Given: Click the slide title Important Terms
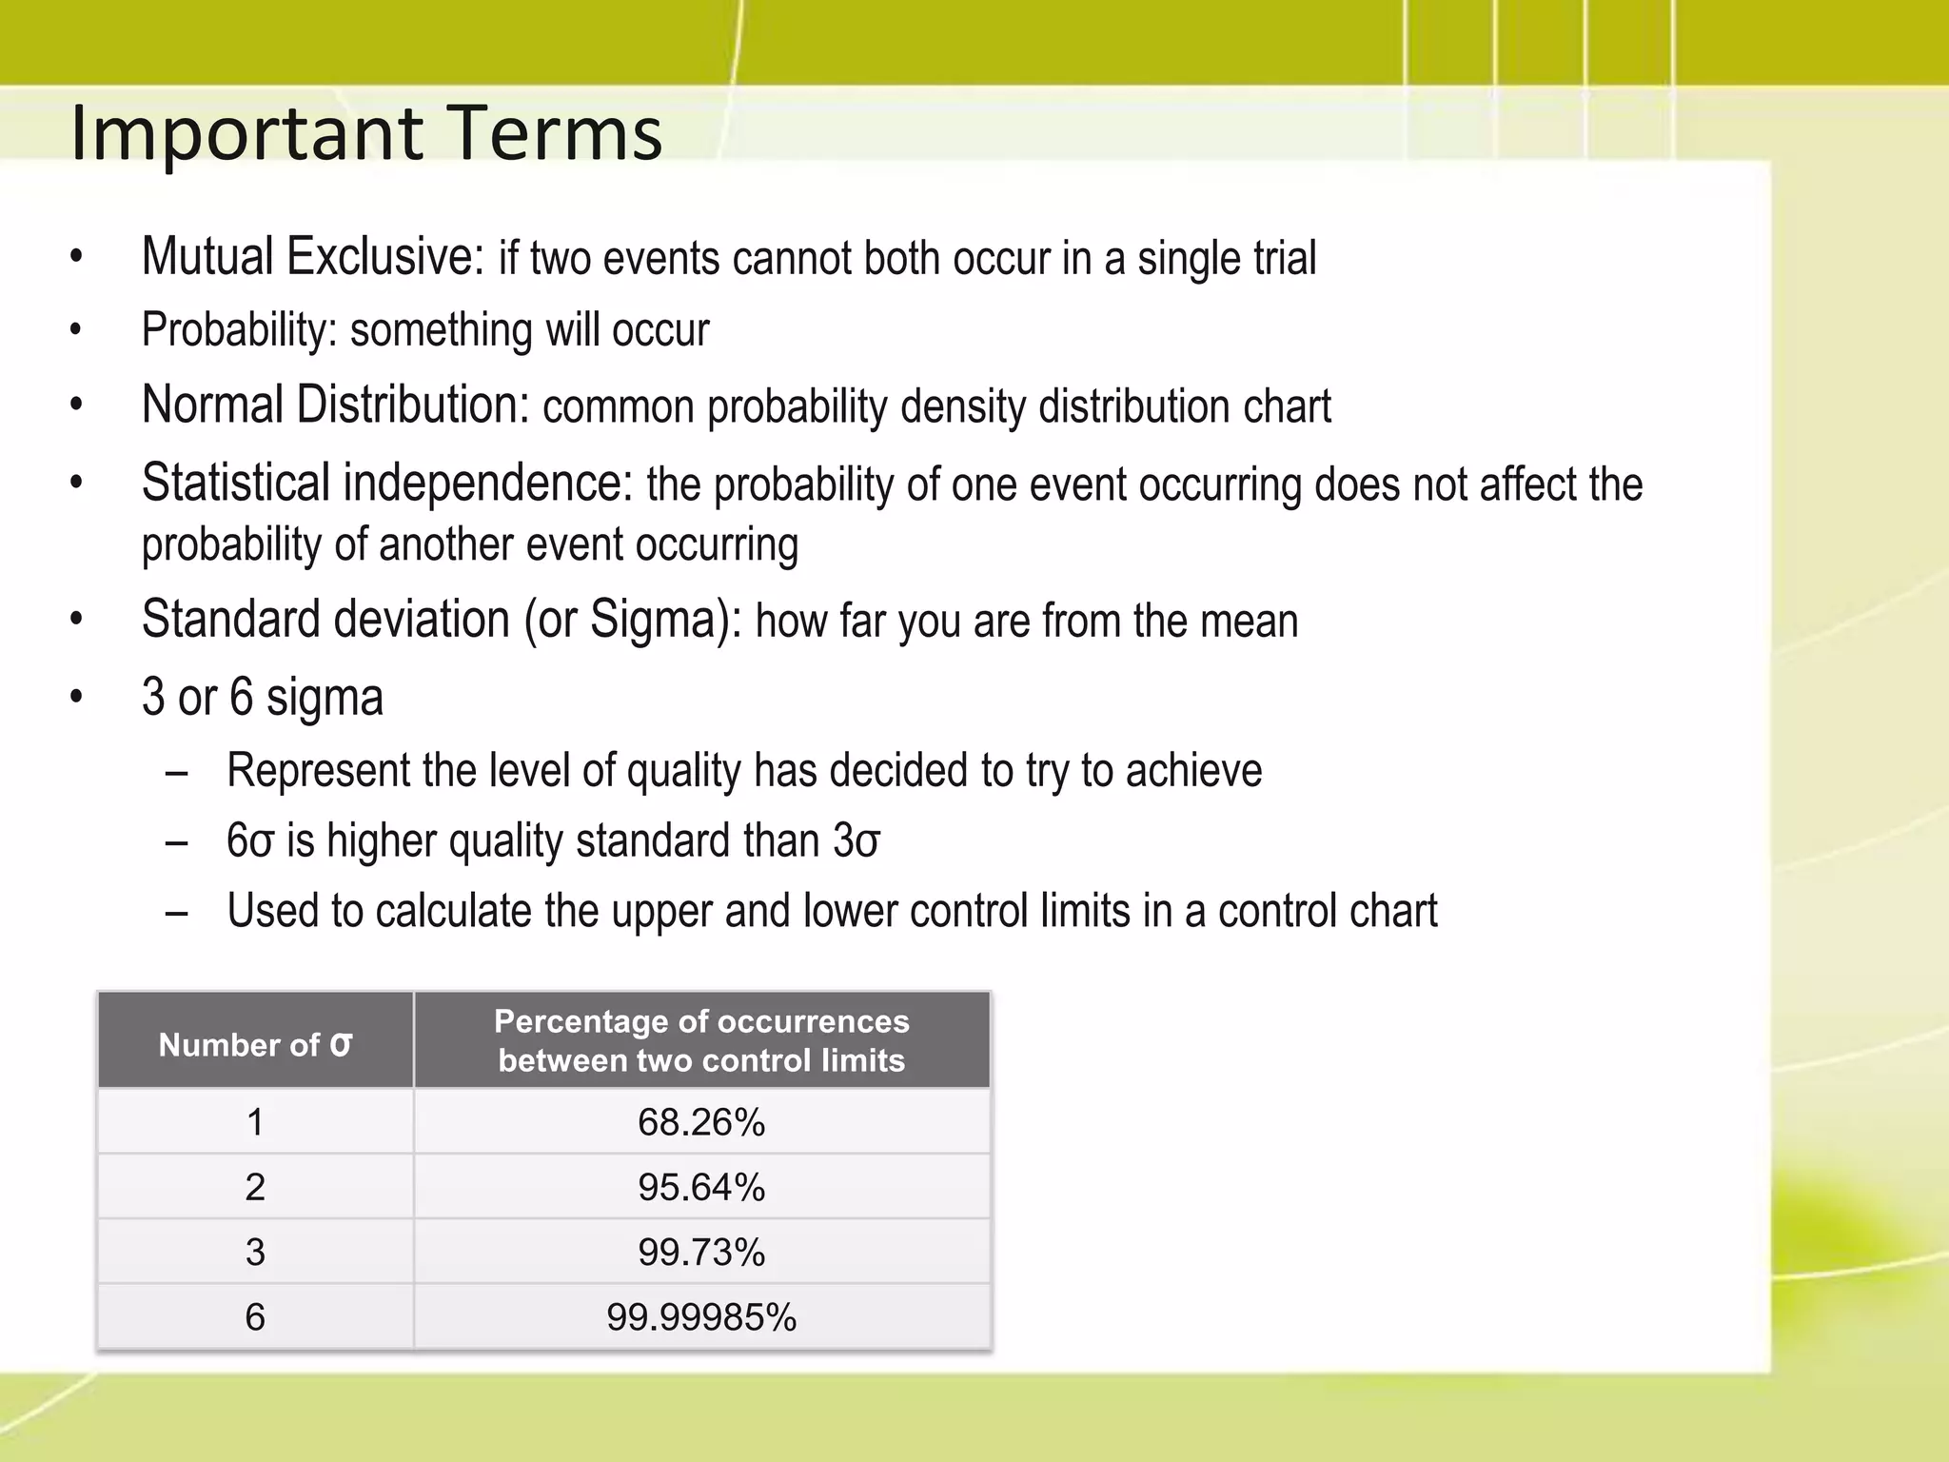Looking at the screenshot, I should point(366,133).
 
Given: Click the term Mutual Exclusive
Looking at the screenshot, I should point(312,257).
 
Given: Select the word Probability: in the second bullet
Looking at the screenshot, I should point(239,330).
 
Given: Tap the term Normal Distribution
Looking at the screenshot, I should point(334,405).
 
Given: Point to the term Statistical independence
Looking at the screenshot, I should point(386,483).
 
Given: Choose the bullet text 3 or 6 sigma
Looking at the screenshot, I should point(263,697).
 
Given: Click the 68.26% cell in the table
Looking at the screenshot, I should point(701,1122).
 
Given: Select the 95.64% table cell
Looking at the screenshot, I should point(701,1187).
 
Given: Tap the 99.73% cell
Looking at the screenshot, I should point(701,1252).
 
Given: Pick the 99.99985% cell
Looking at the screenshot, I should point(701,1317).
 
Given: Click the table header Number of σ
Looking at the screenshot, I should point(255,1044).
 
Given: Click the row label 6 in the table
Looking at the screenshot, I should point(255,1317).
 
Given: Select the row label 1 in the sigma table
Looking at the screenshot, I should point(255,1122).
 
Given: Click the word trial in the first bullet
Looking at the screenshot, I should point(1285,258).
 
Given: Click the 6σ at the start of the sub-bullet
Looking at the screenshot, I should point(250,841).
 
